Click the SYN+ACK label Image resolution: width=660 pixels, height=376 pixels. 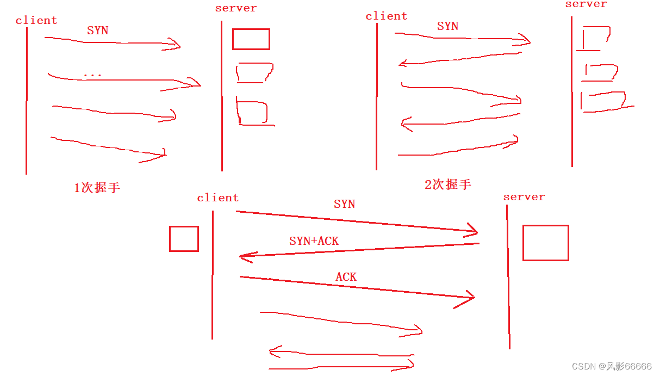(x=314, y=241)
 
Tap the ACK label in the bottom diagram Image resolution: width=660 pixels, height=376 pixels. (x=346, y=277)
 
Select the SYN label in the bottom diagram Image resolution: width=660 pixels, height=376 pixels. (x=345, y=204)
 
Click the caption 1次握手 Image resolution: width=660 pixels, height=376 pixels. (x=97, y=188)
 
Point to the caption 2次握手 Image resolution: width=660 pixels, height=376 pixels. (x=448, y=184)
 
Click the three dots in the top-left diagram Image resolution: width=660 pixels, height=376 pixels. (x=92, y=76)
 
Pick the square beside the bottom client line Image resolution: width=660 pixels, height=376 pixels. (x=184, y=239)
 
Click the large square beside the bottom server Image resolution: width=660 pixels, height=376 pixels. (x=546, y=243)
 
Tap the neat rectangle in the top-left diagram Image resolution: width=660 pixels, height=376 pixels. (x=251, y=39)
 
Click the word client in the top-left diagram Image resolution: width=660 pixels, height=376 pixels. (x=36, y=21)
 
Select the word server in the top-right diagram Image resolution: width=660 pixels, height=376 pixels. (x=586, y=4)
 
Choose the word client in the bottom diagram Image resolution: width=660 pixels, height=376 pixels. (x=218, y=198)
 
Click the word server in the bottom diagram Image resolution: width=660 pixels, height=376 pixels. (x=524, y=197)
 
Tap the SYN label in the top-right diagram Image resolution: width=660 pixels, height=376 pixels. (x=448, y=26)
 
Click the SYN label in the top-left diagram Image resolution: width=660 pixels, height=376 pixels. (x=98, y=30)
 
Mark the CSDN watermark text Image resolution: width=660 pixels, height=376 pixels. (x=612, y=366)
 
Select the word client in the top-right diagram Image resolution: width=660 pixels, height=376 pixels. (x=387, y=16)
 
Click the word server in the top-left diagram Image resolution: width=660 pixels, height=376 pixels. (x=236, y=8)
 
